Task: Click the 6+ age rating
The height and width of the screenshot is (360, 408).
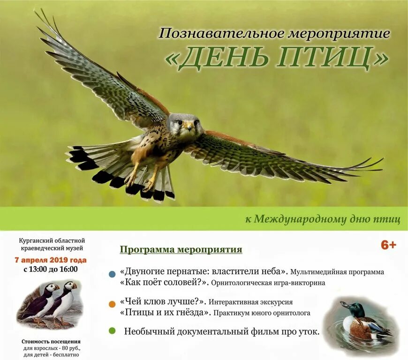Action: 388,245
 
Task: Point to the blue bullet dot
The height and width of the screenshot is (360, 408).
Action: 112,274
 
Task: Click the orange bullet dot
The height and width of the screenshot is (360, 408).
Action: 112,304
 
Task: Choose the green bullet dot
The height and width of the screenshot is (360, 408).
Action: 112,331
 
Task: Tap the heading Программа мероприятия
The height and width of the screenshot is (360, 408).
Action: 181,249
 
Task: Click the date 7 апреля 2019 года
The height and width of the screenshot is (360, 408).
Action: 51,260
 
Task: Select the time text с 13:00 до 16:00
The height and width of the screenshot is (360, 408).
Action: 50,269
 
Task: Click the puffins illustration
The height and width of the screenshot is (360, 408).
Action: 51,302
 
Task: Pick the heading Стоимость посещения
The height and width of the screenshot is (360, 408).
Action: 51,341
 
